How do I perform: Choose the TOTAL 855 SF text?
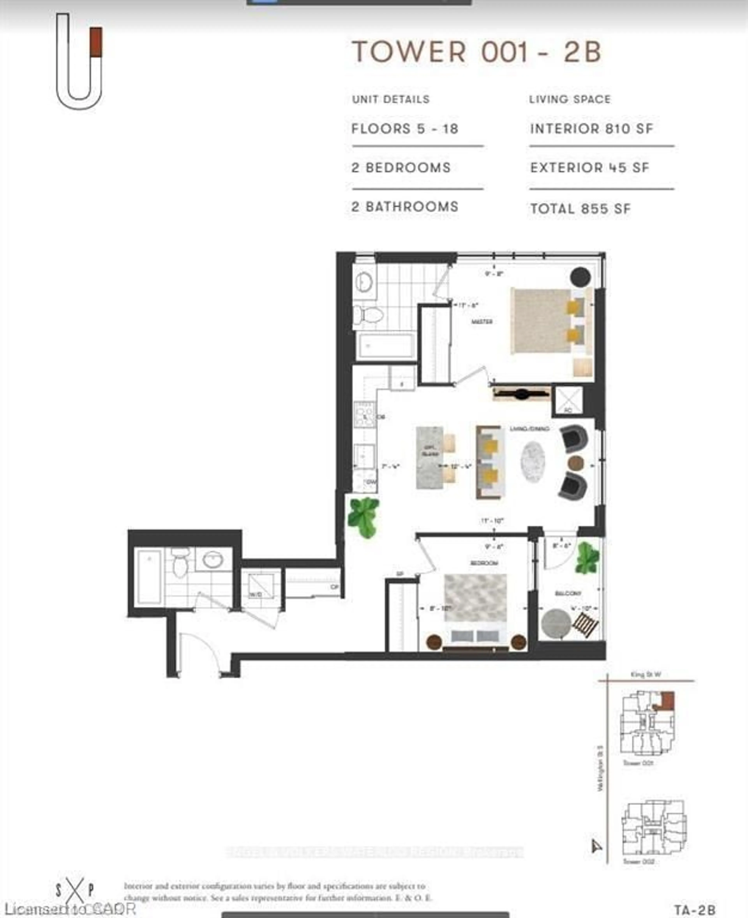coord(580,209)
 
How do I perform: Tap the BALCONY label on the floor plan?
coord(568,594)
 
